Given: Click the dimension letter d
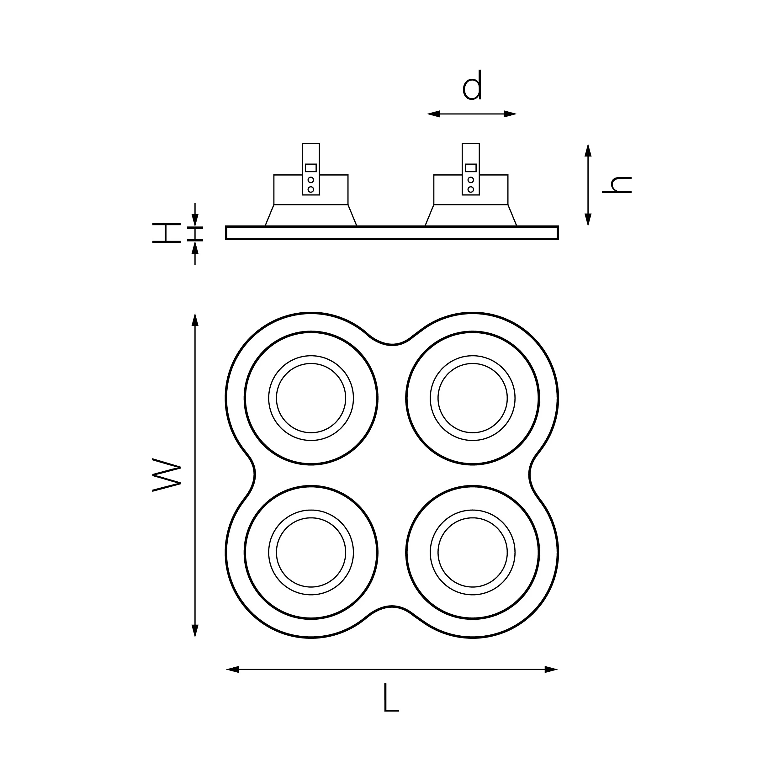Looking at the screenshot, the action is (x=472, y=85).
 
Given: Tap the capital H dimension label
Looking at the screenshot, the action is (x=167, y=233).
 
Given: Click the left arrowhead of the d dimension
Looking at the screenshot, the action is (x=433, y=114).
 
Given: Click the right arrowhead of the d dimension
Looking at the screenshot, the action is (x=510, y=114).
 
